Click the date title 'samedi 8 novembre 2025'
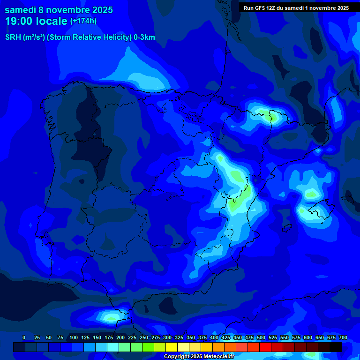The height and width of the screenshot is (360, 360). pyautogui.click(x=59, y=10)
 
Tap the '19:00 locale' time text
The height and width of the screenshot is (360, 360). pyautogui.click(x=36, y=21)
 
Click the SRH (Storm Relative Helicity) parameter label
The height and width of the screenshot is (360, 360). pyautogui.click(x=80, y=37)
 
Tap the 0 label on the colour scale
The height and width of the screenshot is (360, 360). pyautogui.click(x=23, y=337)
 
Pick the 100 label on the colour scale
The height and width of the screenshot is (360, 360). pyautogui.click(x=74, y=337)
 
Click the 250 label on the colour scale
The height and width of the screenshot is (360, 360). pyautogui.click(x=144, y=337)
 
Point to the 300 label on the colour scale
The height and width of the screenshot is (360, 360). pyautogui.click(x=167, y=337)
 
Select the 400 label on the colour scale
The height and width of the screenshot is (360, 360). pyautogui.click(x=214, y=337)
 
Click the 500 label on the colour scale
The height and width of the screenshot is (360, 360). pyautogui.click(x=261, y=337)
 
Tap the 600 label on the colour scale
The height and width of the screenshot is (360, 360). pyautogui.click(x=308, y=337)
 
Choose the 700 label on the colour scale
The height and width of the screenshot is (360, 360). pyautogui.click(x=343, y=337)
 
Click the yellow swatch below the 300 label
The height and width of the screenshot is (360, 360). pyautogui.click(x=172, y=347)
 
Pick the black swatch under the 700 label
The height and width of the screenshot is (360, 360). pyautogui.click(x=336, y=347)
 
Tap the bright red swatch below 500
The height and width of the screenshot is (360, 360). pyautogui.click(x=265, y=347)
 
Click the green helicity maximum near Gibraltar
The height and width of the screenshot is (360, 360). pyautogui.click(x=111, y=318)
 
